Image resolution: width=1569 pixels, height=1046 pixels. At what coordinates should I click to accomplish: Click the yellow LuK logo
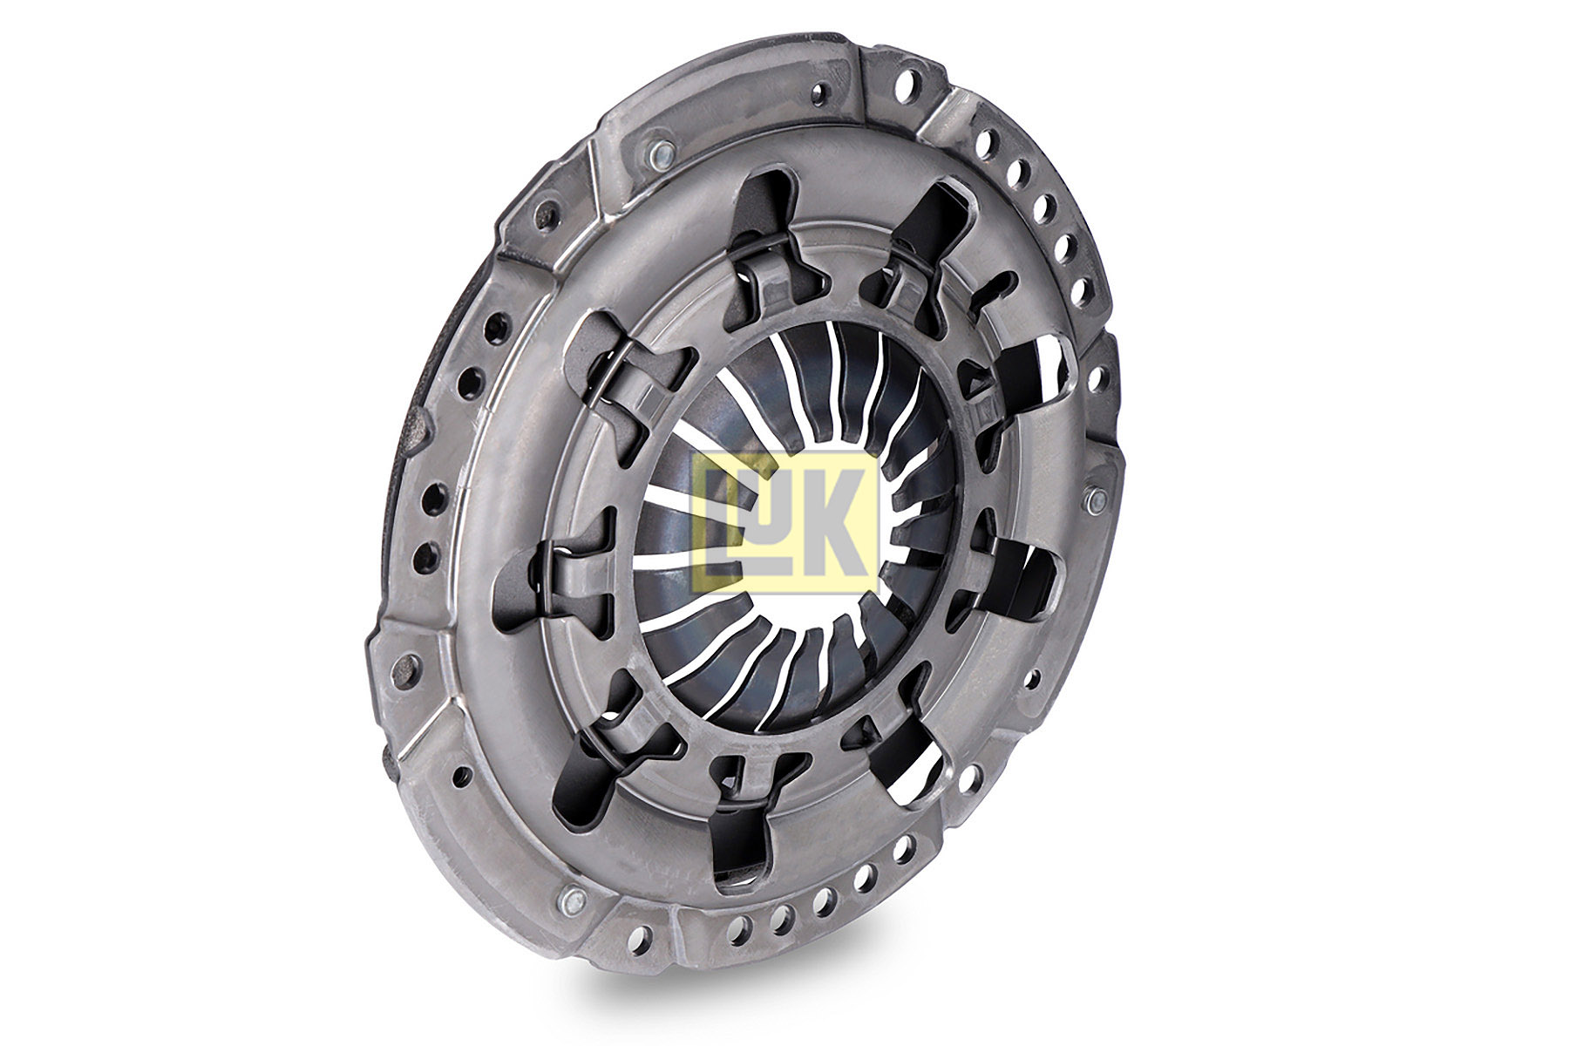click(784, 521)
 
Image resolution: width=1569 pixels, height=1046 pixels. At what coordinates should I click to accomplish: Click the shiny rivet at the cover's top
click(659, 155)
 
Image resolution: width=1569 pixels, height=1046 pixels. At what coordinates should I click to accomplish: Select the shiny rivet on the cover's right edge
click(1096, 500)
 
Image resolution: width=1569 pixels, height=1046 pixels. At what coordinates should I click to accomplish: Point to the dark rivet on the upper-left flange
click(546, 212)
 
